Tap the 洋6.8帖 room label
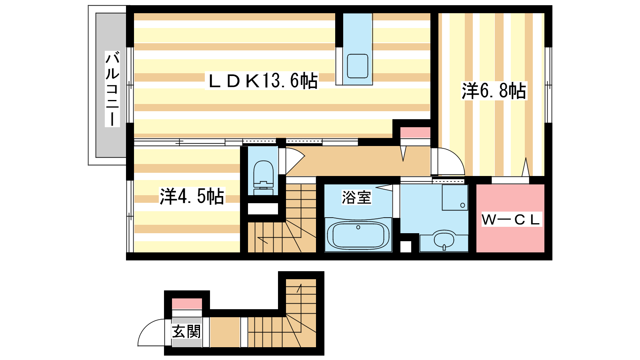tap(494, 91)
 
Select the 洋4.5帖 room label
tap(192, 196)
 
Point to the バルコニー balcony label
tap(112, 89)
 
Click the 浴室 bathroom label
tap(356, 197)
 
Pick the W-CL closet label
tap(511, 220)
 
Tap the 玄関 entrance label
tap(186, 332)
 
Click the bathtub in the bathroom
tap(358, 235)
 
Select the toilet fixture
tap(263, 178)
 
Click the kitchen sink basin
tap(357, 66)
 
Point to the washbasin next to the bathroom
tap(444, 240)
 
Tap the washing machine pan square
tap(455, 198)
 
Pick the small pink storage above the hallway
tap(415, 132)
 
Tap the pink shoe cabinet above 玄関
tap(187, 304)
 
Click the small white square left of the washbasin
tap(406, 246)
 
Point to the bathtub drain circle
tap(358, 228)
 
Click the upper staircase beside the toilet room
tap(300, 218)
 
